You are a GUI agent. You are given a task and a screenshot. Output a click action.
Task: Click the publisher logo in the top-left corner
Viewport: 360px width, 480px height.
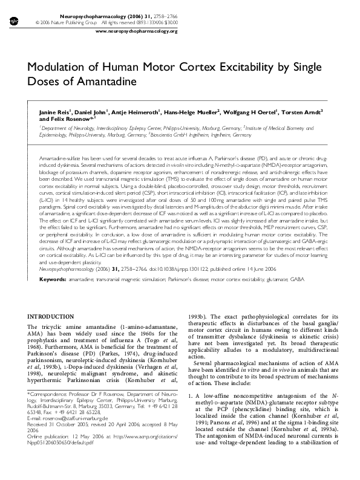point(15,21)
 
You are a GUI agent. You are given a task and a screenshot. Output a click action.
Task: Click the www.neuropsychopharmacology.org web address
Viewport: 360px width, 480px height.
point(137,30)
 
